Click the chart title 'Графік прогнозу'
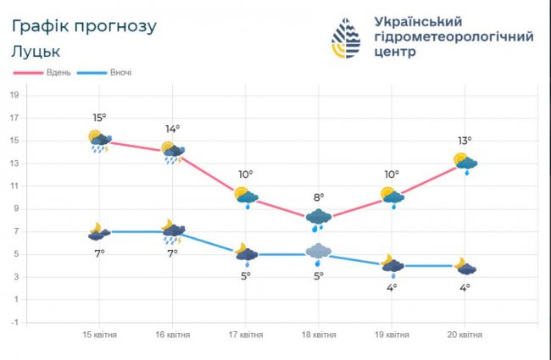coord(84,25)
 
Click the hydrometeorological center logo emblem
coord(345,37)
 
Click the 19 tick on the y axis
coord(14,95)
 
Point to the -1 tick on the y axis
coord(14,323)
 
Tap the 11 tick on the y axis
coord(14,186)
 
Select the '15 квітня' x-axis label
coord(100,335)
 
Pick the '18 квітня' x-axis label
coord(319,335)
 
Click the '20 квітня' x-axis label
coord(465,335)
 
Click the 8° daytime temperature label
coord(319,198)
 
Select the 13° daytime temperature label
coord(465,141)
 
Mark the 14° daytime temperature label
coord(172,129)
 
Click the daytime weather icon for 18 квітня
coord(319,219)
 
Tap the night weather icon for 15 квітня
coord(100,231)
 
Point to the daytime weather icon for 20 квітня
coord(465,163)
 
